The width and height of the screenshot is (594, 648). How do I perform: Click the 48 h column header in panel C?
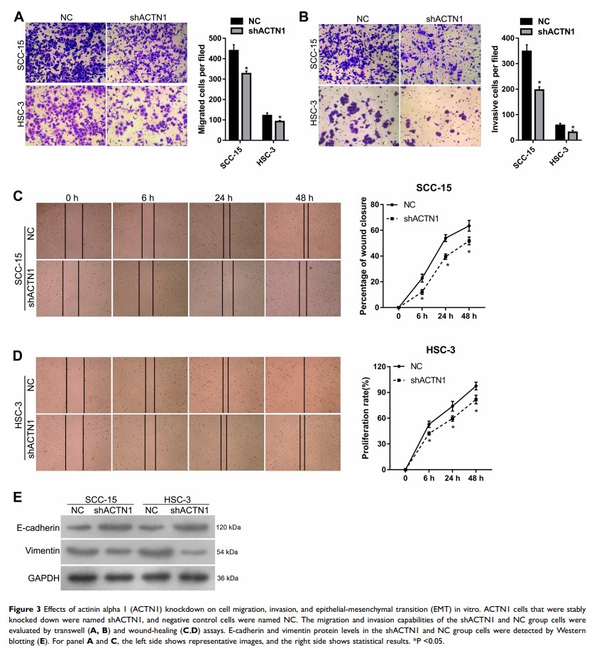click(303, 197)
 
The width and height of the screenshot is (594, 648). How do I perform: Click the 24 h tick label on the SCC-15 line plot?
click(445, 317)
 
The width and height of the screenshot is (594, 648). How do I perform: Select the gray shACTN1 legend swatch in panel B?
click(526, 31)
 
